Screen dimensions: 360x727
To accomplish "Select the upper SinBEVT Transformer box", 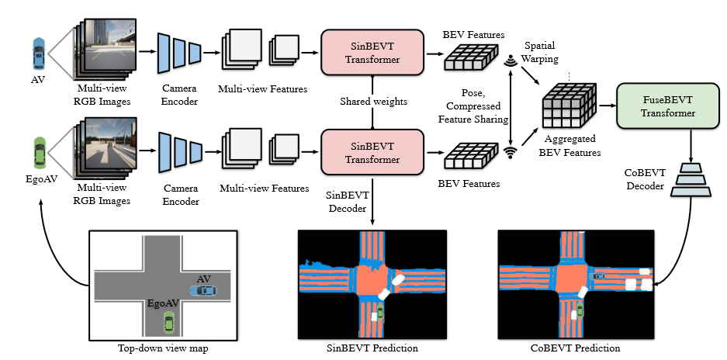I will click(x=372, y=52).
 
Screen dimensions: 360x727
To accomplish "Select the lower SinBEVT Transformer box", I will click(x=372, y=153).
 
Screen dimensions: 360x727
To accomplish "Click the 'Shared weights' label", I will click(x=372, y=102).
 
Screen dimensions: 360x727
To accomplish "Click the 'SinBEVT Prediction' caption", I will click(x=374, y=348).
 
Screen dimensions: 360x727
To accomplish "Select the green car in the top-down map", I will click(x=168, y=320).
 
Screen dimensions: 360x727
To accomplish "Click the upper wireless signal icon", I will click(x=511, y=61).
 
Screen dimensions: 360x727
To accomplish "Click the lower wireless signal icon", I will click(x=511, y=151).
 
